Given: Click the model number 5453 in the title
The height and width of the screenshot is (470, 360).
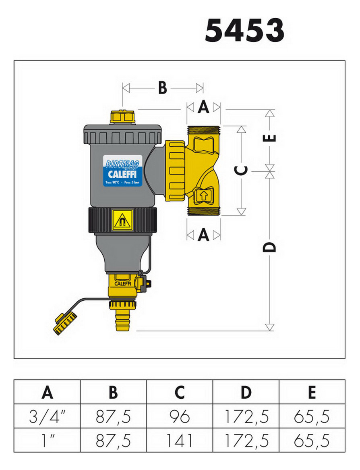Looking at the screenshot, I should (x=244, y=31).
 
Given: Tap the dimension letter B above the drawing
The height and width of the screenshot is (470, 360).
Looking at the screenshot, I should (x=162, y=88).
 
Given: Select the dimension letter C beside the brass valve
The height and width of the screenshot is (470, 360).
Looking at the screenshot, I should (x=241, y=171).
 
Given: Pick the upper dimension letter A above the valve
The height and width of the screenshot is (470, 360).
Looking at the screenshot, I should (x=203, y=107).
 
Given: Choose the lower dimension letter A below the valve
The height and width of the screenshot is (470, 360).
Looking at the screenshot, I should (x=203, y=235).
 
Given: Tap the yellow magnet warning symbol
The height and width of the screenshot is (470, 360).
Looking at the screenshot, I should (x=122, y=220).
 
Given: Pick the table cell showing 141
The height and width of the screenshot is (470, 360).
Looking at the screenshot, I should (x=180, y=440).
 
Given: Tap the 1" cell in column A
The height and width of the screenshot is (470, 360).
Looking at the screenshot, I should (x=47, y=440).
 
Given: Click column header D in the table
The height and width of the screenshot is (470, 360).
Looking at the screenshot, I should (x=246, y=392).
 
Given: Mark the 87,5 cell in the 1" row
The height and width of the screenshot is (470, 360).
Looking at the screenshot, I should (x=113, y=440).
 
